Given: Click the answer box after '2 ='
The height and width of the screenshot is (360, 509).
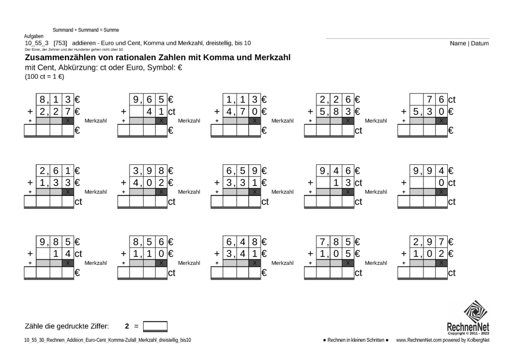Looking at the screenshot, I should [155, 326].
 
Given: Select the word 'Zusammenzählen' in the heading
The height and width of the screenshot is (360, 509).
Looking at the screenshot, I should [60, 58].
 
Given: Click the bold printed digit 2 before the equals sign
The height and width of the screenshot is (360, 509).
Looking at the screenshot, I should [127, 326].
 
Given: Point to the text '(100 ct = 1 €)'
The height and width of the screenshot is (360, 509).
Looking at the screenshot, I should [45, 77].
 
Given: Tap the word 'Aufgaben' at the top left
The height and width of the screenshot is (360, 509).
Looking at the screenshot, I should [33, 37].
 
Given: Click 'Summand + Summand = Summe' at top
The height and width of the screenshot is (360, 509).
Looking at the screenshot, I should [86, 30].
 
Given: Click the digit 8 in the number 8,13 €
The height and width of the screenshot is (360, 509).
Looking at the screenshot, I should [42, 99].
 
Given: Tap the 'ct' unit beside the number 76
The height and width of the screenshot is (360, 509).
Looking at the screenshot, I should [451, 99].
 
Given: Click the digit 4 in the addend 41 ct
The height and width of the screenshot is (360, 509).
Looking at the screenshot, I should [148, 112].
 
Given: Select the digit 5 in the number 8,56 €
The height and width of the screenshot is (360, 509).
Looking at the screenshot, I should [149, 242].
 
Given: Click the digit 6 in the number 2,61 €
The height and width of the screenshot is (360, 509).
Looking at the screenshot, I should [56, 171].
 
